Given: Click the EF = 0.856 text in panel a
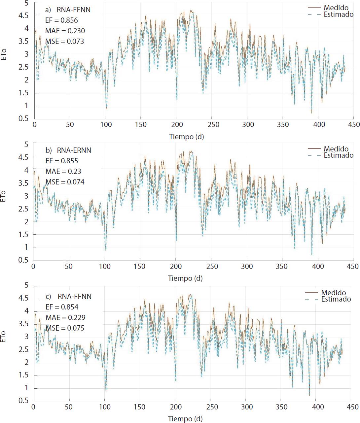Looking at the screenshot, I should [61, 20].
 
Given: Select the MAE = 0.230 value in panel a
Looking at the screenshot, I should [65, 31].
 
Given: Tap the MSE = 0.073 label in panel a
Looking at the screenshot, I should [64, 42].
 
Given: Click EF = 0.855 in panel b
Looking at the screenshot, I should [61, 161].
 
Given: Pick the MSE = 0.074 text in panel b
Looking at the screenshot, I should [64, 182].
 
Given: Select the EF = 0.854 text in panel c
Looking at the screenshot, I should [62, 307].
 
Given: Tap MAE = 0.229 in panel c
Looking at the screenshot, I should [65, 318].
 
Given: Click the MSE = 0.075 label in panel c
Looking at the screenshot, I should [64, 328].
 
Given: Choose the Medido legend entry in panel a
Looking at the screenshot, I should [336, 8].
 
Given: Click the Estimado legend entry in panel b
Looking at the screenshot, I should [339, 155].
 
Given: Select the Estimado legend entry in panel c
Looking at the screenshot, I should [336, 299].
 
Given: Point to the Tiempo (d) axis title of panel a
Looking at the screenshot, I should [186, 137].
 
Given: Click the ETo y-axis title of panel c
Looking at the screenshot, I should [4, 337].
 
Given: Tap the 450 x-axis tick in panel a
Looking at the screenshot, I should [353, 125].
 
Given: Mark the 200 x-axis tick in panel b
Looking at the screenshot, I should [176, 266].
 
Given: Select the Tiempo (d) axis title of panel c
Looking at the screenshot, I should [185, 419].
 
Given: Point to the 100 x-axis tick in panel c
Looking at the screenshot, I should [105, 407].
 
